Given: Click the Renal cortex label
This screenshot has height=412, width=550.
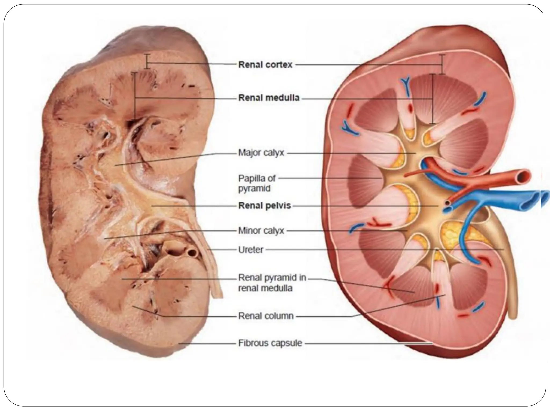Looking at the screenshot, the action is tap(265, 65).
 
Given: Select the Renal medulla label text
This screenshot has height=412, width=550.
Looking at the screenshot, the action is tap(269, 98).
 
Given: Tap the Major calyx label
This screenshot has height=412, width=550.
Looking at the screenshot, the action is tap(261, 153).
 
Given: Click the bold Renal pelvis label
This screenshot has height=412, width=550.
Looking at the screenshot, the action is tap(265, 206).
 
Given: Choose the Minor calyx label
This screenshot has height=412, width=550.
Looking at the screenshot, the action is tap(261, 230).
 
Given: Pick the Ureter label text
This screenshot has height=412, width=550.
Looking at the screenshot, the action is tap(251, 250).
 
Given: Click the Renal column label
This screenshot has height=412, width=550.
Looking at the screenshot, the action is tap(266, 316).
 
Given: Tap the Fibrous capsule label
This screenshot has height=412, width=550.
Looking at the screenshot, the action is tap(270, 343).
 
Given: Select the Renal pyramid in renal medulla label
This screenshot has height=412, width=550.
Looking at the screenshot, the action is tap(272, 283).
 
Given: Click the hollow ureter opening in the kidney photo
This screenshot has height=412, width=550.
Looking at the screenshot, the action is tap(192, 252).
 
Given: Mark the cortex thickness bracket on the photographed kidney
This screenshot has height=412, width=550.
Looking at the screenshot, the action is tap(147, 61).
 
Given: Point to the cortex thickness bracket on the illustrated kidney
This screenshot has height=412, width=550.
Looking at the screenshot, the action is tap(442, 64).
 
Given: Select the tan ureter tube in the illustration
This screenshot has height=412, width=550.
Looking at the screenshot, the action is tap(510, 282).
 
